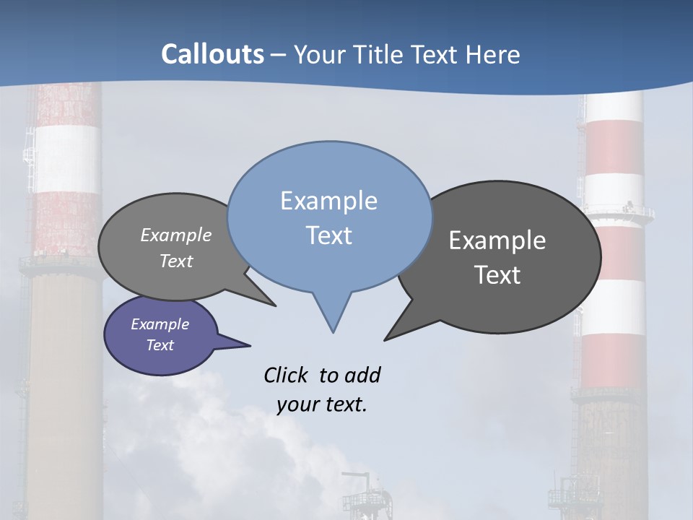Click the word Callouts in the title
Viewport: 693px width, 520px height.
(212, 54)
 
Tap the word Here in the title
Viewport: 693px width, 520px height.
(492, 54)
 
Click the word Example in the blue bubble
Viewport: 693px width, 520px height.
(328, 201)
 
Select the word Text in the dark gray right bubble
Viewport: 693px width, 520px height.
(497, 274)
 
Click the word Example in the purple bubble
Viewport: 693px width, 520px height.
(160, 324)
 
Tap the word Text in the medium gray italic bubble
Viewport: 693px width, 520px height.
(176, 261)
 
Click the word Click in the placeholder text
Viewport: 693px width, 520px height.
(287, 375)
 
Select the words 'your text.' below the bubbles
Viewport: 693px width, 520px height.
(321, 404)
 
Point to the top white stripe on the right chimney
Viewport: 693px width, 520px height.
(614, 108)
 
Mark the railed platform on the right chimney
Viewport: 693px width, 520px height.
(619, 214)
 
